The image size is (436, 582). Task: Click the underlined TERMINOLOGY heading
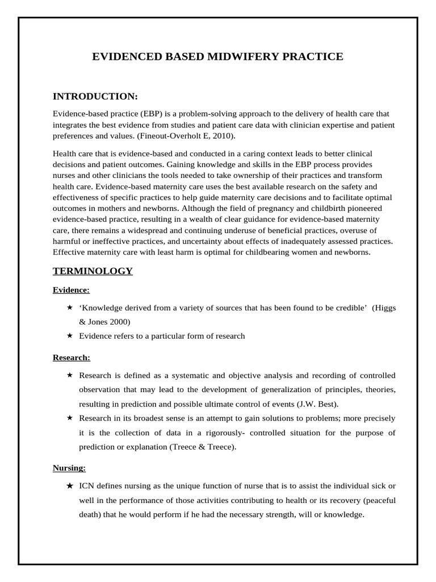pos(93,271)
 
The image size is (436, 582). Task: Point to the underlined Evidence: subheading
pos(71,290)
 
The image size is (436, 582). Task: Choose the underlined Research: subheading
pos(72,357)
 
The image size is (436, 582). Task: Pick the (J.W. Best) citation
pos(318,404)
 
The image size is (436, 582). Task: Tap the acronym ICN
pos(87,486)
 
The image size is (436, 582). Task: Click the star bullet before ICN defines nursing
pos(69,486)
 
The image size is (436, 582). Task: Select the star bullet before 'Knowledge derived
pos(69,307)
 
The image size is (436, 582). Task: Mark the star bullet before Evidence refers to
pos(69,336)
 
